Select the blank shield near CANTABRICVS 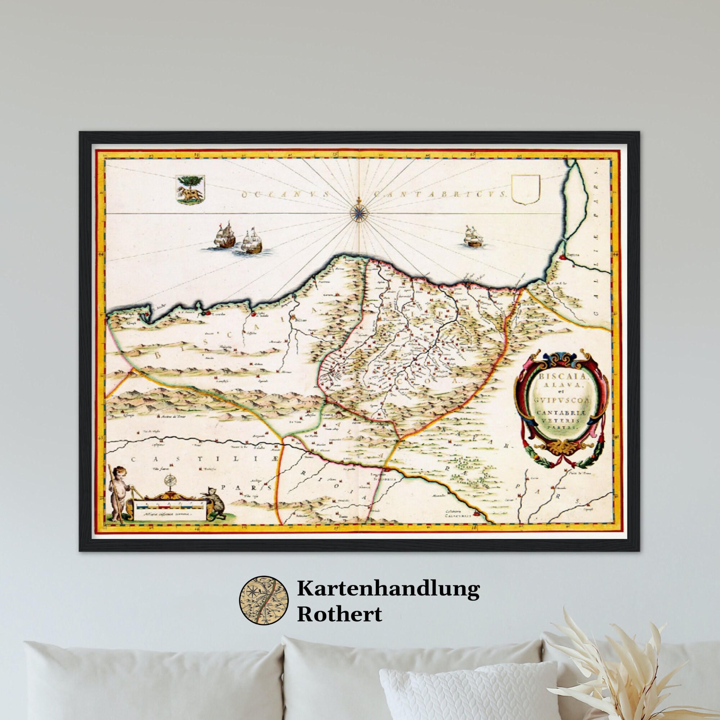point(526,190)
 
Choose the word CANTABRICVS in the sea point(440,194)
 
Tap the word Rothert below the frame point(339,614)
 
